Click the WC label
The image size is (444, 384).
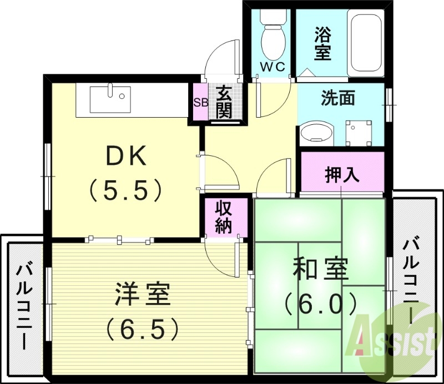coord(273,67)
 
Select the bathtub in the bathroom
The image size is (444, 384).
coord(365,44)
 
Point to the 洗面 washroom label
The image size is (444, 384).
coord(338,99)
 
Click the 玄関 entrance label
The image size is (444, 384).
coord(224,102)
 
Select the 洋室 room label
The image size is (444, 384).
coord(142,295)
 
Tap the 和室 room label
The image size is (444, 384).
coord(320,270)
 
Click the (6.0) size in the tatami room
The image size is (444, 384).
coord(320,303)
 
